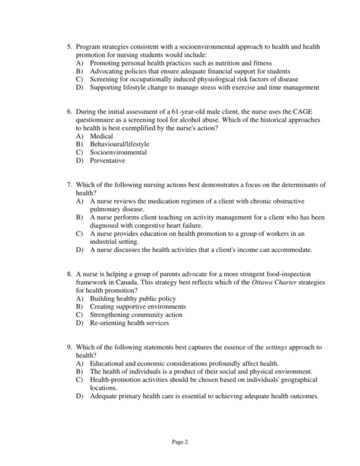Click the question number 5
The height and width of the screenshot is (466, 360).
click(x=70, y=46)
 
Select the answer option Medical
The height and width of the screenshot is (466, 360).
click(x=101, y=136)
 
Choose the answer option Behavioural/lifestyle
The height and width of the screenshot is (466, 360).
click(x=119, y=144)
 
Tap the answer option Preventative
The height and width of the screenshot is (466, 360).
click(x=107, y=161)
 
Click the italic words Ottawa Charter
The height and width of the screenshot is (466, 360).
click(x=221, y=282)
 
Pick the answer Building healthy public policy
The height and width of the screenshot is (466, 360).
click(x=133, y=298)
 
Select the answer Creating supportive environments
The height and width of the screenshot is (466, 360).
click(x=137, y=306)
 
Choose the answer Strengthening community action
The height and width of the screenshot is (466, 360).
click(x=136, y=315)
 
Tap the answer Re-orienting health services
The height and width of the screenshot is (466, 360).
click(x=129, y=322)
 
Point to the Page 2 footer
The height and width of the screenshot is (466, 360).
click(x=180, y=443)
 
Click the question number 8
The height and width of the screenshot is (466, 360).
click(x=70, y=273)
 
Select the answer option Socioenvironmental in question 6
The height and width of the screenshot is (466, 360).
click(x=118, y=153)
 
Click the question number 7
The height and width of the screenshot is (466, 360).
click(x=70, y=184)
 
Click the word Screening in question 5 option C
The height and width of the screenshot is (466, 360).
click(x=104, y=79)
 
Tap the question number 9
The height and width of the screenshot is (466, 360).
click(x=70, y=347)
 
